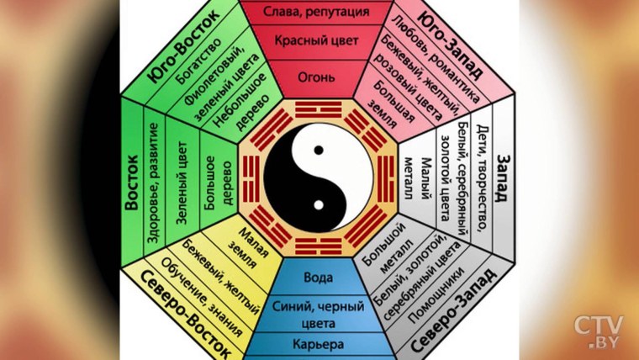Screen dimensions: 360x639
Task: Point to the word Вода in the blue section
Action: coord(319,277)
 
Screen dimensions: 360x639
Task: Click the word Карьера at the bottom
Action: coord(319,345)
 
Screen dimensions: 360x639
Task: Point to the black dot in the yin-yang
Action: coord(319,150)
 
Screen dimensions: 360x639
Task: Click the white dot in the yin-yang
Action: coord(319,204)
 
